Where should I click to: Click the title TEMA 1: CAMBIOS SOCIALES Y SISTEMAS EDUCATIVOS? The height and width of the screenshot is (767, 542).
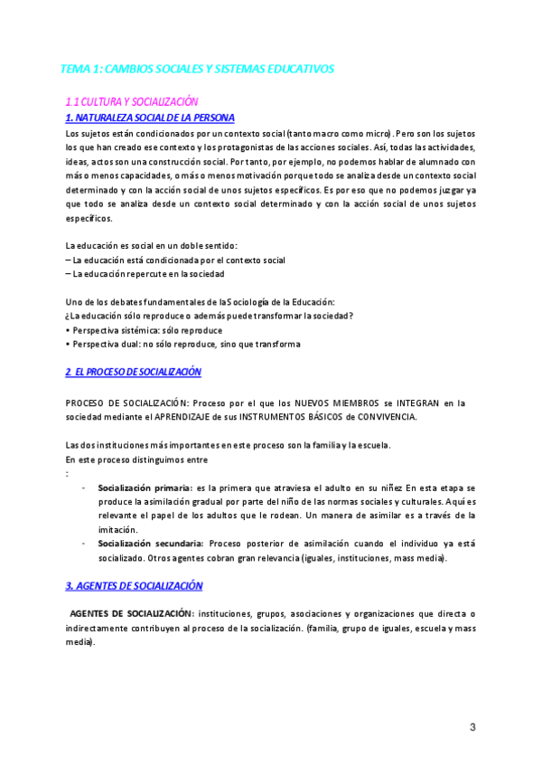pos(197,69)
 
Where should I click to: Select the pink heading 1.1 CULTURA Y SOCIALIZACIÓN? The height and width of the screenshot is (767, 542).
pos(132,102)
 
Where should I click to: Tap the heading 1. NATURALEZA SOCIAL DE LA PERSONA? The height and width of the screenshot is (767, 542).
pos(150,118)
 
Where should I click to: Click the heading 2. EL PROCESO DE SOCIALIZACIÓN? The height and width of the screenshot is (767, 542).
pos(134,372)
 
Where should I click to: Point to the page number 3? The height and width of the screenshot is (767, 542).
pos(472,727)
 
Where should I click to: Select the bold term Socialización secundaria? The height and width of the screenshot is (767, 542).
pos(150,544)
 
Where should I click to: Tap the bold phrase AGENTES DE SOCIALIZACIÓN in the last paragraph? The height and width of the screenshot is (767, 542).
pos(131,613)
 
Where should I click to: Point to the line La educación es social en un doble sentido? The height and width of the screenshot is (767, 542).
pos(152,246)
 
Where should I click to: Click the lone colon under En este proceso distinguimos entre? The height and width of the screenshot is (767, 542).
pos(68,473)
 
